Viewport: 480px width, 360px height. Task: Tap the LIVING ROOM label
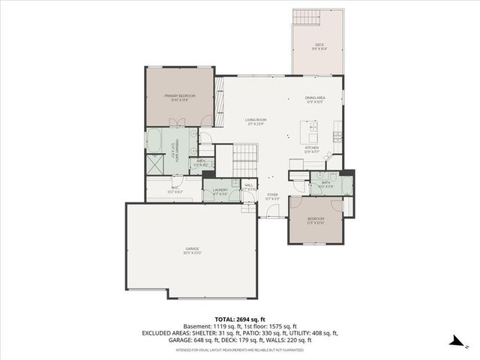256,121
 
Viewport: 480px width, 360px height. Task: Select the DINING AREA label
315,99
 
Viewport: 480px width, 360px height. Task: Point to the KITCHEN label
313,149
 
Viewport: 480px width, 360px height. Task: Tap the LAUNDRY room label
220,191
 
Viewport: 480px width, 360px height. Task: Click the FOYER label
272,196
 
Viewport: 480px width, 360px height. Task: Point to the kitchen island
307,136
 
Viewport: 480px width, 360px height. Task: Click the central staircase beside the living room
244,157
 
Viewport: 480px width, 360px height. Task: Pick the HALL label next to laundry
249,185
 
